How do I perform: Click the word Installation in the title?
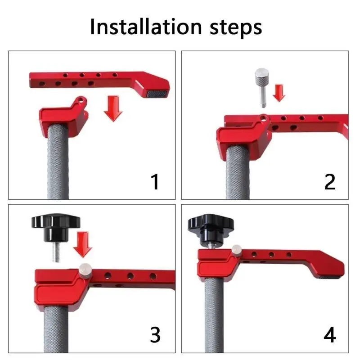146,27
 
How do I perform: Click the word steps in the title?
236,28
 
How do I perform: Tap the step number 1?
155,182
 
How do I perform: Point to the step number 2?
330,182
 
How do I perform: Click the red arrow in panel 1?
113,108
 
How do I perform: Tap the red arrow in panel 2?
279,93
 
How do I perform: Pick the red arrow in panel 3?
83,244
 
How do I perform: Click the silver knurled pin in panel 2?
262,87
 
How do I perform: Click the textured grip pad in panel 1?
157,94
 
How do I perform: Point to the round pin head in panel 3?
85,270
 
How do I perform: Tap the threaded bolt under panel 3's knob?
56,252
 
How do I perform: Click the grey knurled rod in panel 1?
58,162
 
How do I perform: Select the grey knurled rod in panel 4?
214,315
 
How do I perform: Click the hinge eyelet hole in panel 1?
80,100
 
